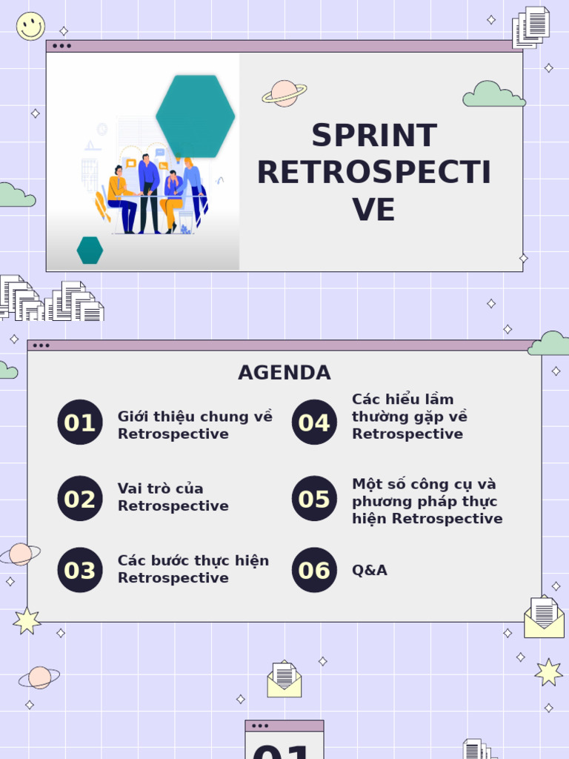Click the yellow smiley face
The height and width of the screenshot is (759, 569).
(30, 26)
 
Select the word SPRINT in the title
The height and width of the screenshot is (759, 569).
(374, 136)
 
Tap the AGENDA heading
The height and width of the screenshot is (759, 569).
(284, 373)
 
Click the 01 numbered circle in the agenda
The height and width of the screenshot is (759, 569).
(80, 422)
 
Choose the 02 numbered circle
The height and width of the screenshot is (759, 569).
(80, 499)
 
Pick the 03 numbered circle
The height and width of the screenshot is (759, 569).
(80, 570)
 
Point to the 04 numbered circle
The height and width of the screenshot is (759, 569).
(314, 422)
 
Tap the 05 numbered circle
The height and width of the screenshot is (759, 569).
(314, 499)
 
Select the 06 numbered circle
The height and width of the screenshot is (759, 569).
(314, 570)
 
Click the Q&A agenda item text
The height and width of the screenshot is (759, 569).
(370, 570)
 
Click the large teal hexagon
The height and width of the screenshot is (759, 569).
(196, 116)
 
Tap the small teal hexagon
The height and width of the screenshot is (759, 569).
(90, 251)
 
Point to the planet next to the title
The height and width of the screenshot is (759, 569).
(284, 93)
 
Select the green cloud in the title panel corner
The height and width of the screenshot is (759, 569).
(493, 95)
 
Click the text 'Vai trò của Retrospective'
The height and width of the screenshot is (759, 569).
(173, 497)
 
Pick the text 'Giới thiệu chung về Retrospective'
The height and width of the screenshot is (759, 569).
(195, 425)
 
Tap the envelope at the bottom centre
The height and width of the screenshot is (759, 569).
(284, 680)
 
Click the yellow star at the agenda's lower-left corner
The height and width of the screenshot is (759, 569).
(27, 620)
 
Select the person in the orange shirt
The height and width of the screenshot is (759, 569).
(120, 197)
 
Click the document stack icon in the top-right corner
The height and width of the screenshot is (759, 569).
(531, 27)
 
